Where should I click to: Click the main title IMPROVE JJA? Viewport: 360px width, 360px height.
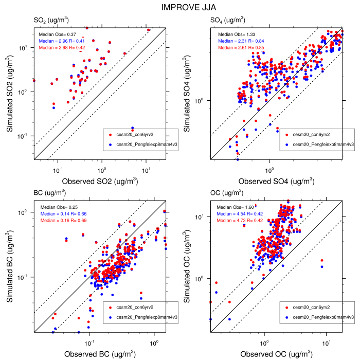180,8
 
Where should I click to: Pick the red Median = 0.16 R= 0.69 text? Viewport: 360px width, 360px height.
63,220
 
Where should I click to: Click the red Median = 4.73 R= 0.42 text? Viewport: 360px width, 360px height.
239,220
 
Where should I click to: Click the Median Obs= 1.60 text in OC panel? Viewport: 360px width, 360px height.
233,207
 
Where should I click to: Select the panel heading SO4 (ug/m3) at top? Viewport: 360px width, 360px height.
228,20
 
